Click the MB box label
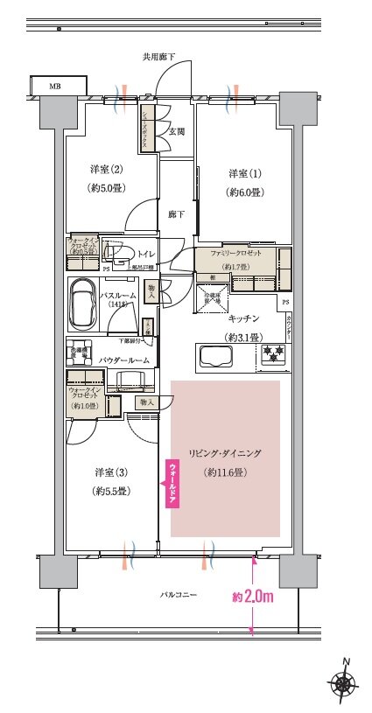coord(55,86)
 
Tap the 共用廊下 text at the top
coord(159,57)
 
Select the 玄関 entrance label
coord(176,131)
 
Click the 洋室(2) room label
coord(103,168)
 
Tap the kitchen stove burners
coord(273,355)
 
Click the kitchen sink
coord(215,356)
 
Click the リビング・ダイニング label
coord(225,454)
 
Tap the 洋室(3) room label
coord(111,473)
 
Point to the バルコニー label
coord(178,595)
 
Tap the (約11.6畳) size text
coord(225,472)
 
